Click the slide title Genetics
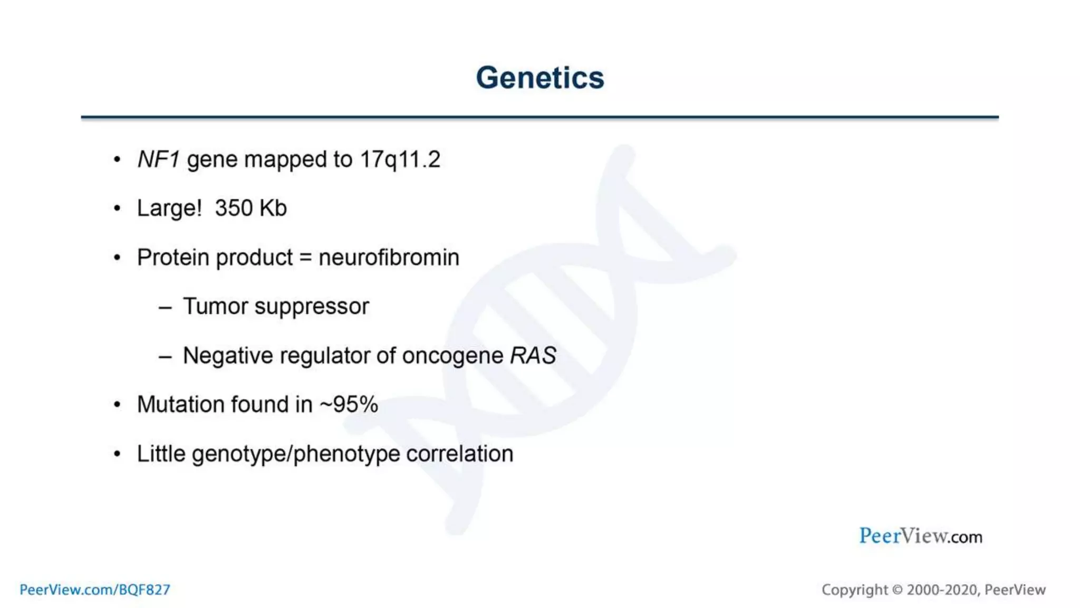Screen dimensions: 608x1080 pos(539,78)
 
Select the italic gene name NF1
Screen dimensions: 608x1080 pos(158,159)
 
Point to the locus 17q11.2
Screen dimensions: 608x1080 pos(400,159)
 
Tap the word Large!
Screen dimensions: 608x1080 pos(169,208)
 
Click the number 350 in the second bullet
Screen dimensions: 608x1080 pos(234,208)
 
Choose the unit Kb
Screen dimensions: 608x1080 pos(273,208)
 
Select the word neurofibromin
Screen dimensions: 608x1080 pos(389,258)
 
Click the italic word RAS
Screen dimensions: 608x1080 pos(533,356)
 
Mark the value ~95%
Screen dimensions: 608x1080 pos(349,405)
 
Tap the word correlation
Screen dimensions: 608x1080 pos(459,454)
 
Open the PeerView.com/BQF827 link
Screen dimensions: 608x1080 pos(95,590)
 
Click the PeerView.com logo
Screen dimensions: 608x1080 pos(920,536)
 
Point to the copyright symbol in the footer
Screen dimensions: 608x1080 pos(897,590)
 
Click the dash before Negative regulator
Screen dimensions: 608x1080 pos(165,357)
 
